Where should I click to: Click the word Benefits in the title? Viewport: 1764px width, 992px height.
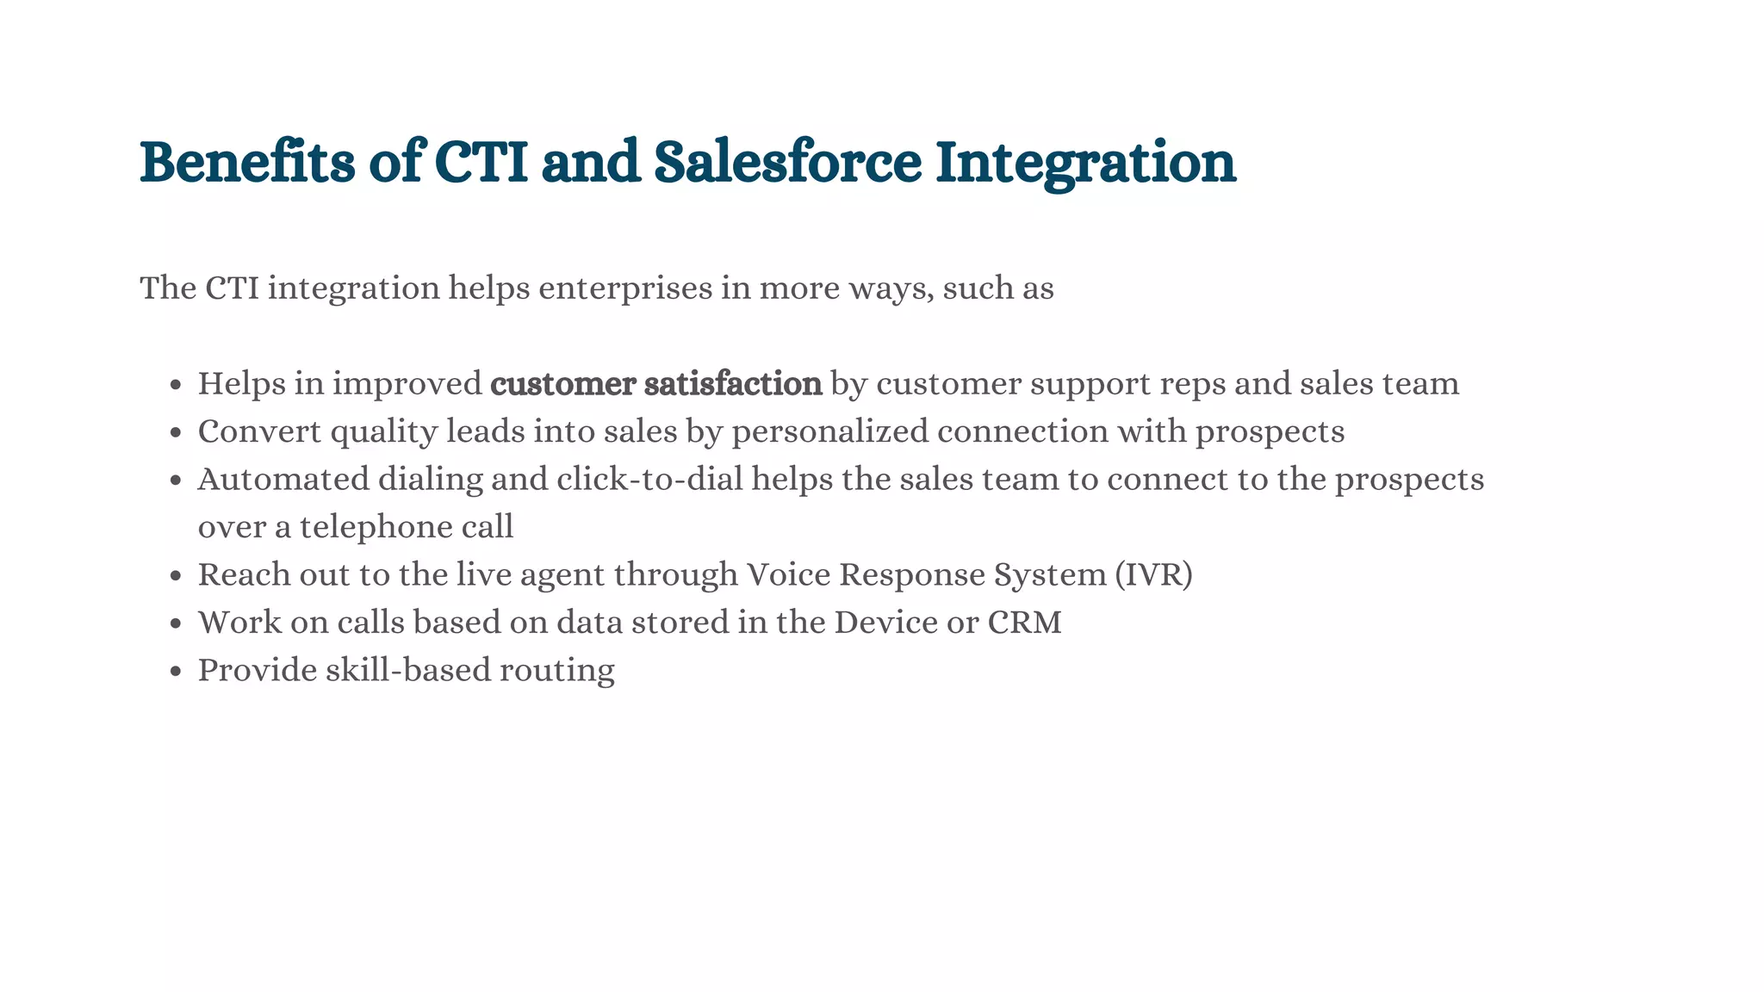point(247,162)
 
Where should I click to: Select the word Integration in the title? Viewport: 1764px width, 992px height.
point(1085,164)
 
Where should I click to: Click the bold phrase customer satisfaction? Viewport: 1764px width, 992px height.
point(656,384)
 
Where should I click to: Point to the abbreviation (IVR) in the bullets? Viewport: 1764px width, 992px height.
point(1153,574)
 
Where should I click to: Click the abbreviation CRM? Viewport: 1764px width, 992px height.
point(1025,623)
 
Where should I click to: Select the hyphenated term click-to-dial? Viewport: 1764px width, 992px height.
point(649,479)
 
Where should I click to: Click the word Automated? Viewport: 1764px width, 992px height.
point(283,479)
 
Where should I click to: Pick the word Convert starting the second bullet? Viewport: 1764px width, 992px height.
point(259,431)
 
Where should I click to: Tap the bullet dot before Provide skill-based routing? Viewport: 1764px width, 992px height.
point(176,672)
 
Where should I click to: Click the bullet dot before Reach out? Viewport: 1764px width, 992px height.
point(176,576)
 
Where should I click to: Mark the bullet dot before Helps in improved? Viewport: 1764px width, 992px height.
point(176,385)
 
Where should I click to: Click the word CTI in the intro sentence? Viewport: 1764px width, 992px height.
point(232,288)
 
